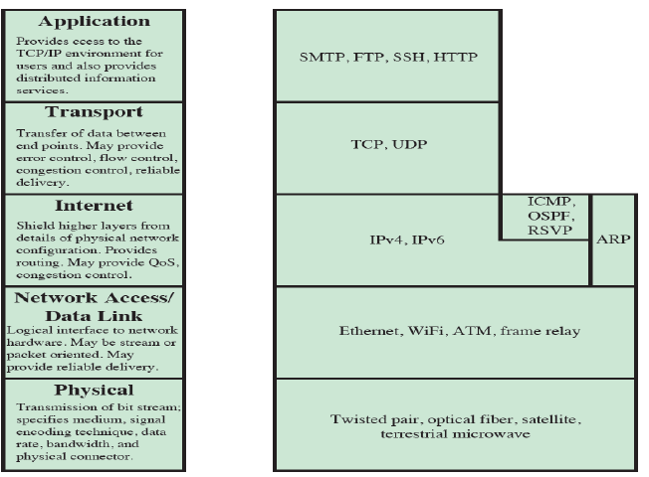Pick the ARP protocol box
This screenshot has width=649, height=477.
(x=612, y=240)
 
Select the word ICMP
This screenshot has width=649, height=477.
(x=544, y=203)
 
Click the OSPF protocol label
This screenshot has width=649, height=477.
(x=544, y=217)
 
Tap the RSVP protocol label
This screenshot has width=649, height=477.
(x=544, y=231)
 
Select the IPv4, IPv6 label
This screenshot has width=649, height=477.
(x=386, y=240)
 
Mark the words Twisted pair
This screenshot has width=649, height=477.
(x=365, y=420)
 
